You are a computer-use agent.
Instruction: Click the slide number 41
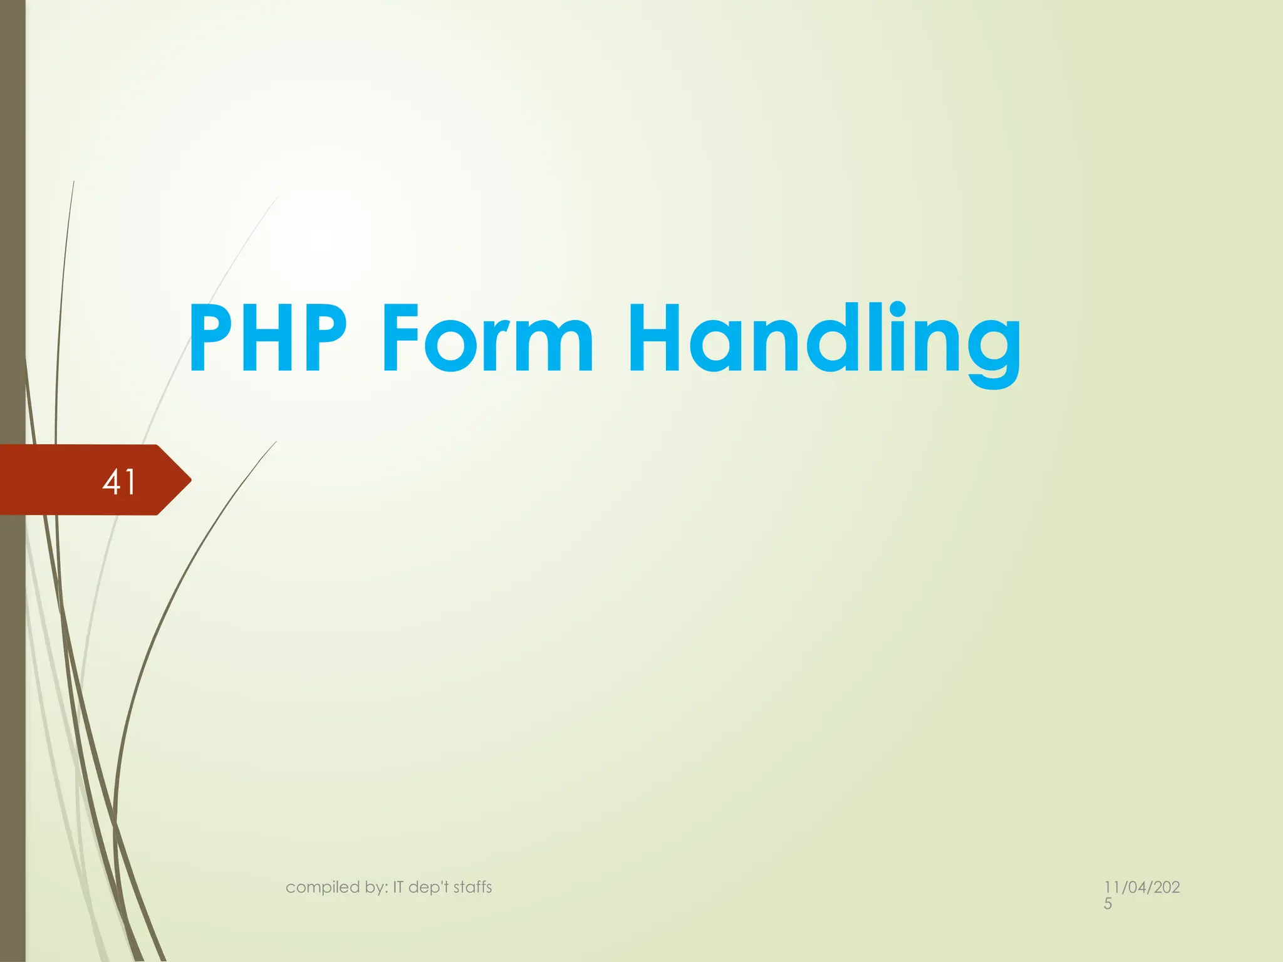(x=119, y=482)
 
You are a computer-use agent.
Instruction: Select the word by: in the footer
(x=375, y=887)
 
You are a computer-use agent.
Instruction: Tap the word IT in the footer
(x=399, y=887)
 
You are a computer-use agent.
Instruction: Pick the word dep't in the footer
(x=429, y=887)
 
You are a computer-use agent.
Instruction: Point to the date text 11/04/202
(x=1141, y=887)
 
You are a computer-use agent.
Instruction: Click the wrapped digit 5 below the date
(x=1108, y=904)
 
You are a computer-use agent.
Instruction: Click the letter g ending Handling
(x=994, y=351)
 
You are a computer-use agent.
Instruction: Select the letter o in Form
(x=451, y=348)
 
